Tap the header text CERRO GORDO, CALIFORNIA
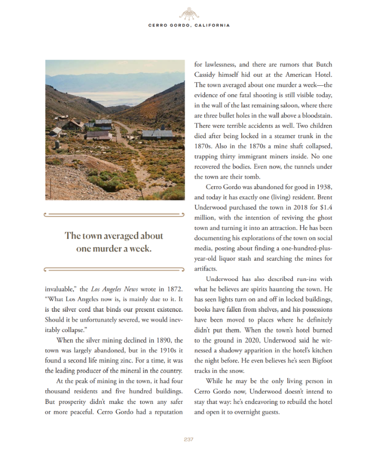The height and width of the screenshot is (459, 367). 189,25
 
